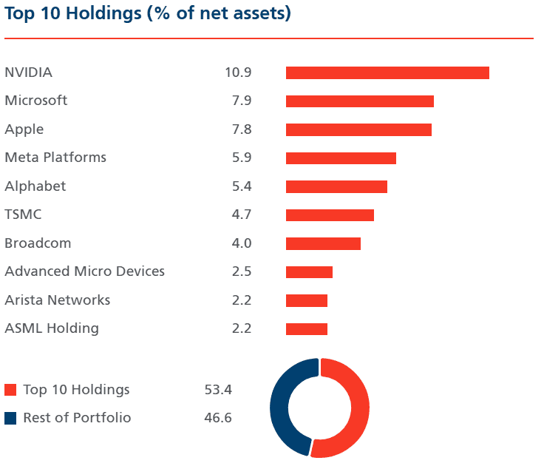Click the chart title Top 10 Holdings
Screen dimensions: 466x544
coord(148,14)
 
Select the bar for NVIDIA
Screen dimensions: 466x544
coord(387,72)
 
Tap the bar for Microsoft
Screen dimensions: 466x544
coord(359,101)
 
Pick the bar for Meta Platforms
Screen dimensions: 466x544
coord(341,158)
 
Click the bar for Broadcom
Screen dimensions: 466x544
coord(323,244)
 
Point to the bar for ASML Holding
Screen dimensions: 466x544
coord(307,329)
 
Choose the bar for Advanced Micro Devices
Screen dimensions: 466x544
coord(309,272)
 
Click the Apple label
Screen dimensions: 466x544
coord(24,129)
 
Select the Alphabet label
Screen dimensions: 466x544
coord(35,186)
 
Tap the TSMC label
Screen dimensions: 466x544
coord(23,215)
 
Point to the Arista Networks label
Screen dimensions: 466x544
coord(58,300)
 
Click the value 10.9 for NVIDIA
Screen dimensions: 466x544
coord(238,72)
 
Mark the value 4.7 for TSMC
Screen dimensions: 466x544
coord(241,215)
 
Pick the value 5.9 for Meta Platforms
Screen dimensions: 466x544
coord(241,158)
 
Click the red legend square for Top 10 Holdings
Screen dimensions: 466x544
coord(10,390)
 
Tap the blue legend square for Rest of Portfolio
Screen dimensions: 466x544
coord(10,419)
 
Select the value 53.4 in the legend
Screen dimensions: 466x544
coord(218,390)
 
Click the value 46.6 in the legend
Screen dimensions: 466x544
coord(218,418)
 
